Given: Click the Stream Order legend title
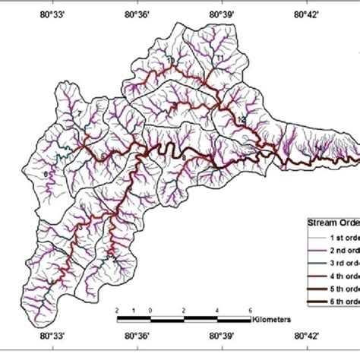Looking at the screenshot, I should click(x=332, y=223).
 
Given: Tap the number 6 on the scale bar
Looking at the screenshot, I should click(x=250, y=311).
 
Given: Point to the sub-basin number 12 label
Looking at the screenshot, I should click(x=241, y=121).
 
